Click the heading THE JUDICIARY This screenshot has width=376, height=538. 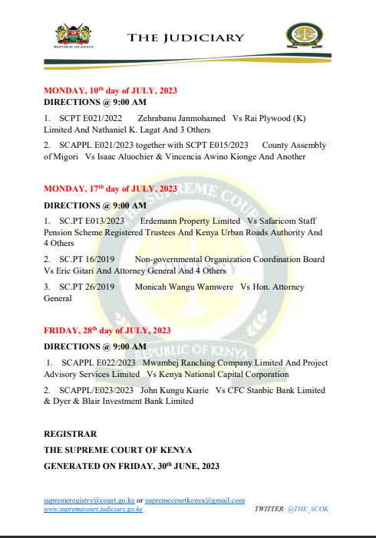point(186,38)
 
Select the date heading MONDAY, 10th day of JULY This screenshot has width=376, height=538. point(110,90)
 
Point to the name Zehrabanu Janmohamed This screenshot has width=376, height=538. point(182,119)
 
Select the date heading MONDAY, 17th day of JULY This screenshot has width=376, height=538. point(110,189)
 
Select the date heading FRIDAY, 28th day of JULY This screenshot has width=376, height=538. point(107,330)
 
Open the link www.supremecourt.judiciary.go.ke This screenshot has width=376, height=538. point(93,508)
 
